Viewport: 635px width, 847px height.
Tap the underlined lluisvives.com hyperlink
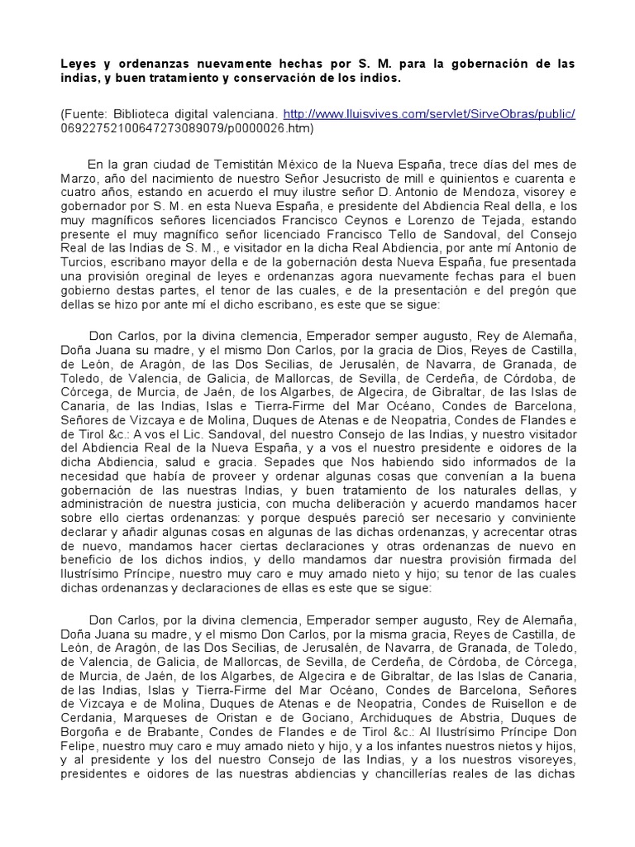tap(429, 114)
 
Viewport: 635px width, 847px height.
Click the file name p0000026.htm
tap(271, 128)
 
